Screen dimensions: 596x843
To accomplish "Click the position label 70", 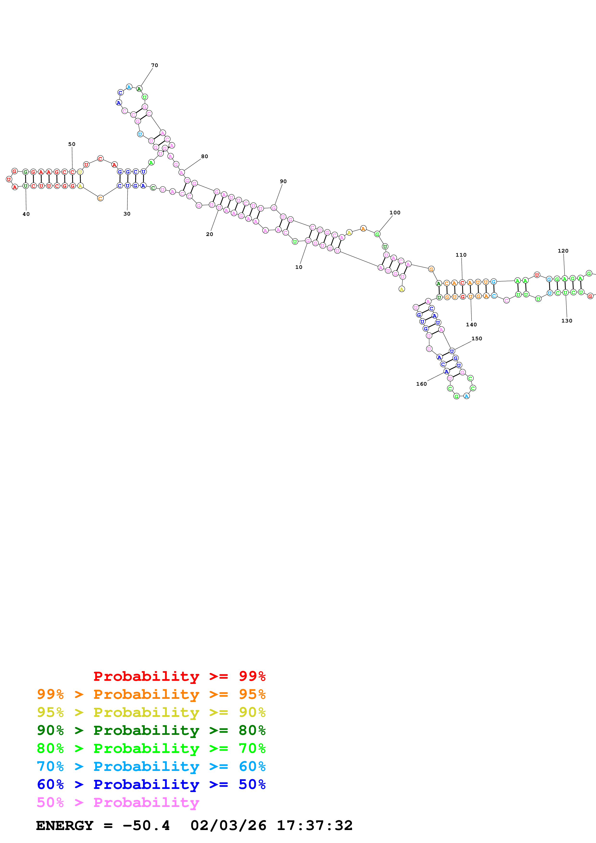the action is pos(155,65).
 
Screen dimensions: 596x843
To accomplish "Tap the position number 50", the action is pos(72,144).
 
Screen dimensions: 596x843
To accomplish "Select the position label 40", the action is pos(26,214).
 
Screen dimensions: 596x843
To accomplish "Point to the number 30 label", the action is pos(127,214).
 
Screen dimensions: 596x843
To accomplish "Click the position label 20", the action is pos(209,234).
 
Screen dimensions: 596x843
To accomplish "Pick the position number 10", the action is pos(299,267).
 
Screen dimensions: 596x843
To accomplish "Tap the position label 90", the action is pos(283,181).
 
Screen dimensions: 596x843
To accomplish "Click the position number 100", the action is pos(395,213).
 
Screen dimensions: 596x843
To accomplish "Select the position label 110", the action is pos(461,255).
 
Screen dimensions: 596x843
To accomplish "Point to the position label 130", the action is pos(567,321).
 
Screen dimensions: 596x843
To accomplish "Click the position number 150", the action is pos(477,339).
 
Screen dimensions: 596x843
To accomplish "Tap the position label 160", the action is pos(421,384).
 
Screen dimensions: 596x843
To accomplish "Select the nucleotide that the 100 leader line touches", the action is pos(377,234).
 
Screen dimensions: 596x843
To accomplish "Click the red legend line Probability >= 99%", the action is pos(179,676).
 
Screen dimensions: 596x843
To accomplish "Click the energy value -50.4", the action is pos(146,826).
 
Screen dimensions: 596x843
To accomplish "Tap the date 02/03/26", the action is pos(228,826).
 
